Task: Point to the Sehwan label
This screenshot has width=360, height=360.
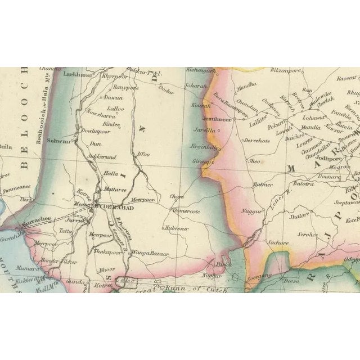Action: click(57, 142)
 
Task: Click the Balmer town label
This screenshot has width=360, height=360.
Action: click(263, 184)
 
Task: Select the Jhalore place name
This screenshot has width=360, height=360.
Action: click(299, 214)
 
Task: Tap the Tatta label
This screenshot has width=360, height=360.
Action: click(65, 231)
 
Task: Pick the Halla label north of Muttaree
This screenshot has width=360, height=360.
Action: click(110, 174)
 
